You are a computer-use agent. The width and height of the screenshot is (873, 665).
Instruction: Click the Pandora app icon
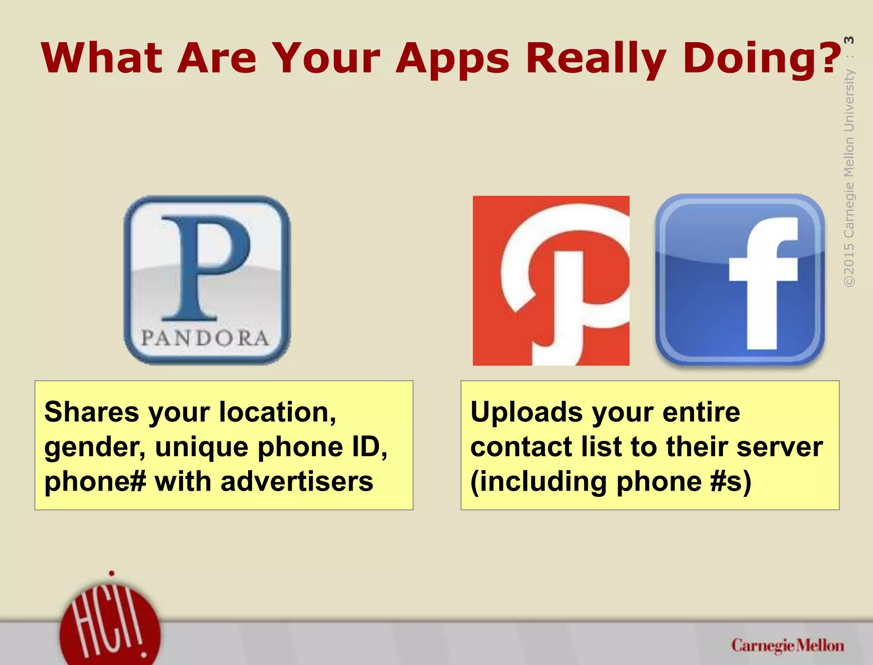pos(207,280)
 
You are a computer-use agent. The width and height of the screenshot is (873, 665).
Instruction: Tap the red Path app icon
pos(551,280)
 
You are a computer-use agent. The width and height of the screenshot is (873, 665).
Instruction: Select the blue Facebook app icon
pos(740,280)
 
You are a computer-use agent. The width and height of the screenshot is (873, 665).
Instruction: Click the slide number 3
pos(849,40)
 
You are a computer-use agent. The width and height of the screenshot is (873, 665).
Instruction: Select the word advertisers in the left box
pos(297,482)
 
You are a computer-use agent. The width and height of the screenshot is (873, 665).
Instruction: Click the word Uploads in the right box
pos(526,412)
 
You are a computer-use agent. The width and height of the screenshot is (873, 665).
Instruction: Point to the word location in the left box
pos(277,412)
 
